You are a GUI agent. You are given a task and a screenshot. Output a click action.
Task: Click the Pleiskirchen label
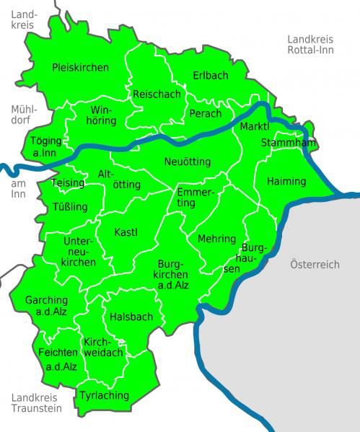click(x=80, y=68)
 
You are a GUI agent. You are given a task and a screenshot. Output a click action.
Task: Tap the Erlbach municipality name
click(x=211, y=76)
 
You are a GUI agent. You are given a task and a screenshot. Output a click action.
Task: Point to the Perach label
click(x=206, y=114)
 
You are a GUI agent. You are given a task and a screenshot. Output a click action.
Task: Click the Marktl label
click(x=255, y=127)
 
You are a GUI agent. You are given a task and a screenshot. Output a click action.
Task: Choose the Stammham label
click(x=289, y=143)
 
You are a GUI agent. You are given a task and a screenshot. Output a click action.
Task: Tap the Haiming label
click(x=286, y=181)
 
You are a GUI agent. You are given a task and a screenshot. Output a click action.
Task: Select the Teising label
click(x=69, y=183)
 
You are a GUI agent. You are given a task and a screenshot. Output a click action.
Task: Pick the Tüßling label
click(x=70, y=207)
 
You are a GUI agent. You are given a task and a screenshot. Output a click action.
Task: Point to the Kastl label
click(x=126, y=232)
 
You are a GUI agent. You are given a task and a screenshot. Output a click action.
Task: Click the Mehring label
click(x=216, y=239)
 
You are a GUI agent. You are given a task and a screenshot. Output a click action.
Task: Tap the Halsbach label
click(x=131, y=317)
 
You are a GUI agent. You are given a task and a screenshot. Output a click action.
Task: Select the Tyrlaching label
click(x=105, y=395)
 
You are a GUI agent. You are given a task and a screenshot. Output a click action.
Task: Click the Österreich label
click(x=315, y=265)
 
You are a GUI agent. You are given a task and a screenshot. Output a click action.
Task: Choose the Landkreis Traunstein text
click(x=37, y=402)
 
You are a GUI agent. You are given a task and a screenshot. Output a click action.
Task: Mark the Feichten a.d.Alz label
click(x=58, y=358)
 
